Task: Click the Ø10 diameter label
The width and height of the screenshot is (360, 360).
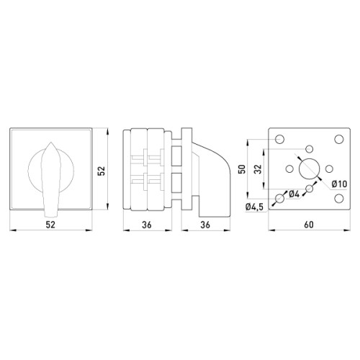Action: coord(339,184)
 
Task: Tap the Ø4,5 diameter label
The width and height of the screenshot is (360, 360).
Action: coord(254,207)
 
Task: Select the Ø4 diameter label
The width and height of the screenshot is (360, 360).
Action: coord(294,194)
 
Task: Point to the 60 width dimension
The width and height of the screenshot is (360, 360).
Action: coord(309,225)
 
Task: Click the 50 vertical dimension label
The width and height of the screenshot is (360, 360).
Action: coord(242,169)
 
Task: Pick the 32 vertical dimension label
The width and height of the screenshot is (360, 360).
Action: coord(258,169)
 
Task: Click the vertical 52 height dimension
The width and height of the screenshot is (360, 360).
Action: coord(102,171)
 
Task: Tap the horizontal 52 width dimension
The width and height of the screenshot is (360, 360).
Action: coord(50,225)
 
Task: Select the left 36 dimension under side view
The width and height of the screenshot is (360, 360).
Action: coord(147,225)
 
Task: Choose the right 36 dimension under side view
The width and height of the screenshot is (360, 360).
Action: coord(205,225)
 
